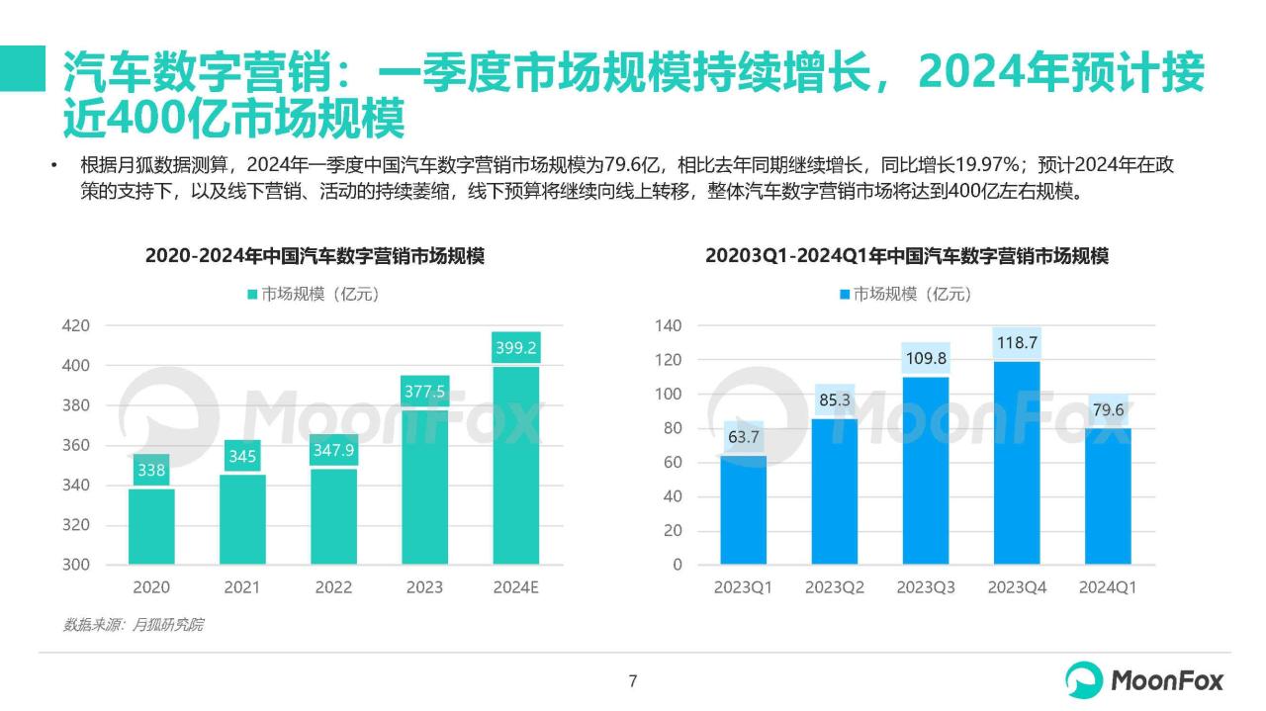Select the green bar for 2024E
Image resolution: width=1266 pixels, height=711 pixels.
tap(515, 465)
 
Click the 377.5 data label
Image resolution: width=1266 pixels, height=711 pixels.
tap(424, 392)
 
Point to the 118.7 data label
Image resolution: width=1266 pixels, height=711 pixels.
tap(1017, 342)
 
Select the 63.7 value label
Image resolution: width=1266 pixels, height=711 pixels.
tap(743, 436)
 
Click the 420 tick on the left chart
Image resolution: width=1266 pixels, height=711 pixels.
tap(76, 325)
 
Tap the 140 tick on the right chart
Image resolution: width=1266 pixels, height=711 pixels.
tap(670, 325)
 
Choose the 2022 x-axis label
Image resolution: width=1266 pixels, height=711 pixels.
tap(333, 587)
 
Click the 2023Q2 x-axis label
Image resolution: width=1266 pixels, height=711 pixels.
tap(834, 587)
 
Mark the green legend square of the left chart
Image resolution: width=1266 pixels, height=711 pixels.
tap(252, 294)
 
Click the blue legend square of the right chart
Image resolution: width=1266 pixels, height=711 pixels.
tap(844, 294)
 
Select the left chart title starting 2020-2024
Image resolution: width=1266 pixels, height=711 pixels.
tap(315, 256)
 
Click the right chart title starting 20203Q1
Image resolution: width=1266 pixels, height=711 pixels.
tap(906, 256)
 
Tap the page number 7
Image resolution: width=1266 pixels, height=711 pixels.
tap(633, 680)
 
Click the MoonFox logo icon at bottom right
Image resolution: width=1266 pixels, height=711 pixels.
tap(1084, 680)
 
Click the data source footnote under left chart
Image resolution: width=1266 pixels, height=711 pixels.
tap(134, 625)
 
